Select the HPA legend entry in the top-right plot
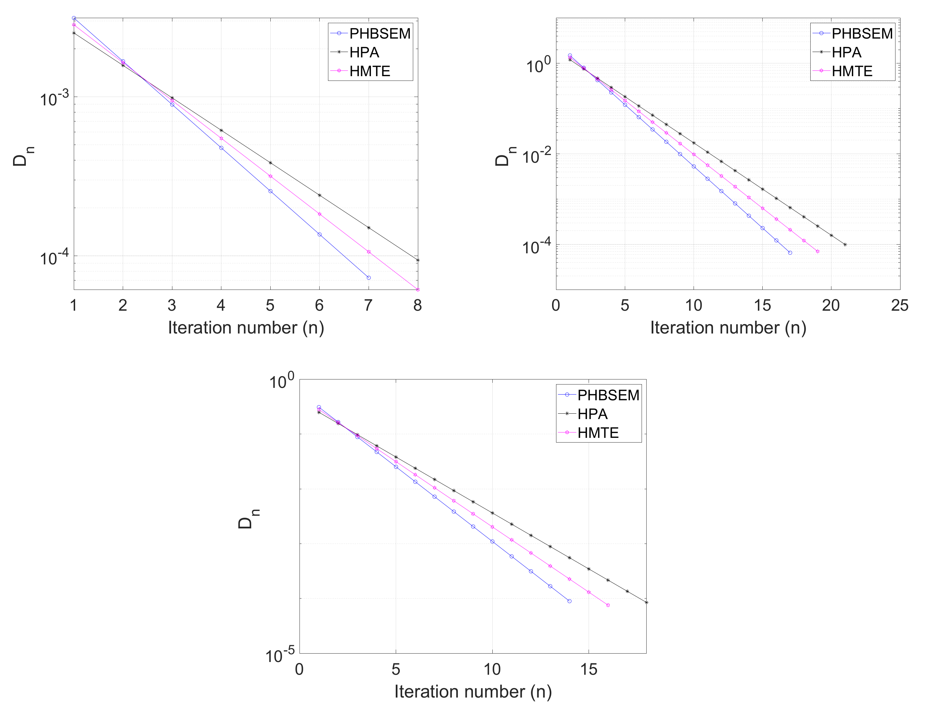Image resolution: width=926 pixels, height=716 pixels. [846, 52]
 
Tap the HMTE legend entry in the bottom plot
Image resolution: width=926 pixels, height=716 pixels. [598, 433]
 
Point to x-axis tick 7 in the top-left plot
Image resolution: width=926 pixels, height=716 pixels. [369, 305]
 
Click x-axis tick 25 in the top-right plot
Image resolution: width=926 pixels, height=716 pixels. [899, 305]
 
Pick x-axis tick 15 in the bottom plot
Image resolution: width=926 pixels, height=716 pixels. [589, 669]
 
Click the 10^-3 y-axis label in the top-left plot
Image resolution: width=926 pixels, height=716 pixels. [54, 98]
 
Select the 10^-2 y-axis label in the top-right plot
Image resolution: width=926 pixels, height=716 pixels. [536, 156]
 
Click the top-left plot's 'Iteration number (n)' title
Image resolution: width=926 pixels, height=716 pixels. [246, 328]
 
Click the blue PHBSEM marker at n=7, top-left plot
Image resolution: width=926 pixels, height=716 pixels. [369, 278]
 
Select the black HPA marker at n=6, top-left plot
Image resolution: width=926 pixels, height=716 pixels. [319, 195]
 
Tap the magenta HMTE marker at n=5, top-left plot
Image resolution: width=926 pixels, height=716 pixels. [270, 176]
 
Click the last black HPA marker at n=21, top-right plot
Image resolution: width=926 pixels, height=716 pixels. [845, 245]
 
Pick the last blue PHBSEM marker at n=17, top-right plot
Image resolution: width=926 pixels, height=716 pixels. [790, 253]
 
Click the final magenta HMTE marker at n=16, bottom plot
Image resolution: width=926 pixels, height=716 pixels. [608, 605]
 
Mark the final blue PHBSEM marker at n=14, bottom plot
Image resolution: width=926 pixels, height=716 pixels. [569, 601]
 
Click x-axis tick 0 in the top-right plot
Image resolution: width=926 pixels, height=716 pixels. [556, 305]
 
